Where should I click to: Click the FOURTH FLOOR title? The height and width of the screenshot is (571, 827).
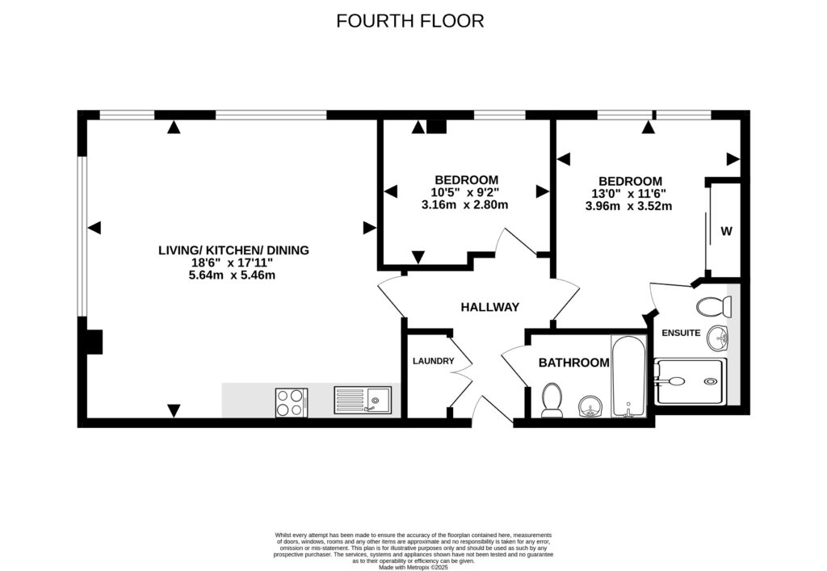coord(409,21)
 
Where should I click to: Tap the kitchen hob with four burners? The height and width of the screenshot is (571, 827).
coord(292,401)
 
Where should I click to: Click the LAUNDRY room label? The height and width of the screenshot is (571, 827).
coord(433,361)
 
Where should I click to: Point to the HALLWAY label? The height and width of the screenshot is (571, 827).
coord(489,307)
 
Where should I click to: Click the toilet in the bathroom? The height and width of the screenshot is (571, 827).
coord(553,401)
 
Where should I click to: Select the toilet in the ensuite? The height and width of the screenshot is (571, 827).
coord(714,307)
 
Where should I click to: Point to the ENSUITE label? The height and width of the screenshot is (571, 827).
coord(681,333)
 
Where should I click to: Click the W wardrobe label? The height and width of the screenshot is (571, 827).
coord(726,232)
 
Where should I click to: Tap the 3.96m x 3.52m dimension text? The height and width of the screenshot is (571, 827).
coord(628,206)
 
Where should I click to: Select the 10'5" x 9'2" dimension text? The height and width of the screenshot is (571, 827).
coord(465,192)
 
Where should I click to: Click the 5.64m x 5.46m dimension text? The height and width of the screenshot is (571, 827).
coord(233,275)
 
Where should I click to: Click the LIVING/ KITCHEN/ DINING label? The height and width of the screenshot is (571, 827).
coord(233,250)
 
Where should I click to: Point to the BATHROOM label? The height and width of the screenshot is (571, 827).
coord(573,363)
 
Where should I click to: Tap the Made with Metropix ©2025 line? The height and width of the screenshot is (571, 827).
coord(413,566)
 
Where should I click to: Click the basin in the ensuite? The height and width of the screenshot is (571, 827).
coord(716,337)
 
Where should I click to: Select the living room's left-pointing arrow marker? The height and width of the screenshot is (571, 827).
coord(94,229)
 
